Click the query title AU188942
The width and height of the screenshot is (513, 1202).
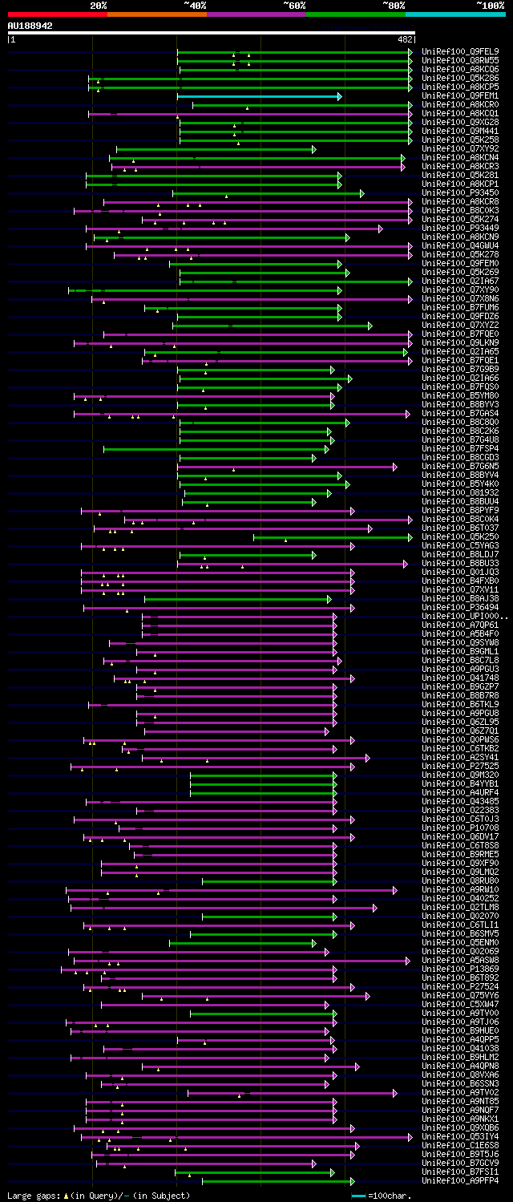(x=30, y=26)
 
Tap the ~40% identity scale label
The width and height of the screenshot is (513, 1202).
(x=195, y=6)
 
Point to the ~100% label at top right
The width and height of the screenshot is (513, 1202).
(x=490, y=6)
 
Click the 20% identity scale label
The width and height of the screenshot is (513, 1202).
(x=99, y=6)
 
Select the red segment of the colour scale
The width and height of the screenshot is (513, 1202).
(x=57, y=14)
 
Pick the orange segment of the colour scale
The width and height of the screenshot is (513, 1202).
(x=156, y=14)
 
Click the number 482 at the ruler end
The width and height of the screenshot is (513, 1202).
(x=405, y=38)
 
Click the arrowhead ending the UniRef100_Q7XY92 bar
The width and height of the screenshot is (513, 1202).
(x=314, y=149)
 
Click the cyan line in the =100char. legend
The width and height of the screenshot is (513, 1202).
(x=358, y=1196)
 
